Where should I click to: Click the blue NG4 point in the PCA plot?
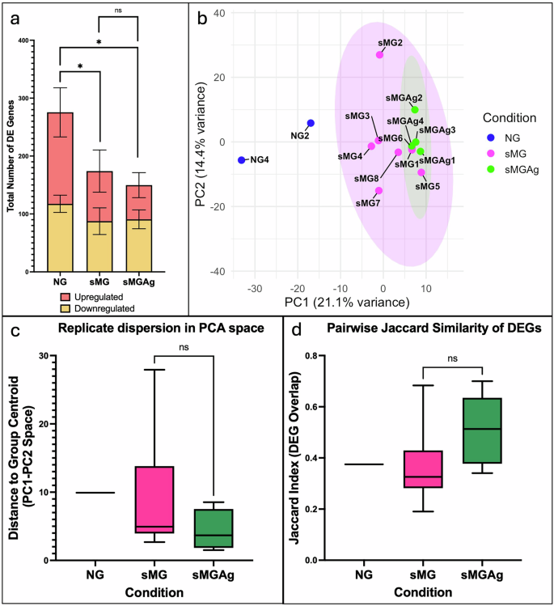(x=241, y=160)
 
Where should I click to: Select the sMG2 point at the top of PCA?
(x=379, y=55)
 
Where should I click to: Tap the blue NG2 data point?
(x=311, y=123)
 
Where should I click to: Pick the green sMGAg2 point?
(x=415, y=109)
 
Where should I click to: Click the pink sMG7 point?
(x=378, y=191)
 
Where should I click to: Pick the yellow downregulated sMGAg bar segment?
(x=138, y=245)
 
